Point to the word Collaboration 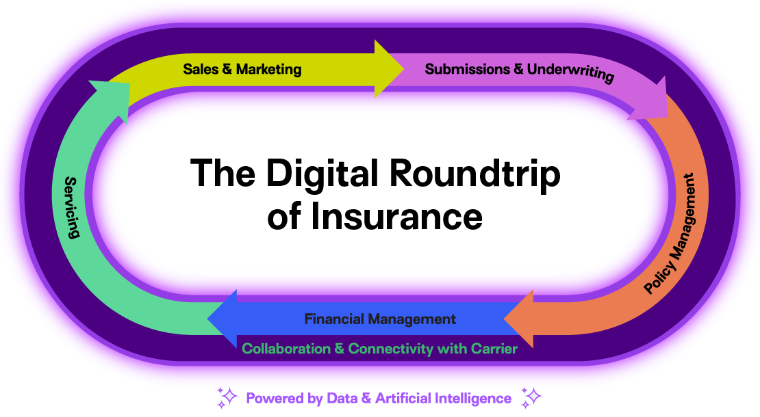click(286, 349)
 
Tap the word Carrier click(494, 349)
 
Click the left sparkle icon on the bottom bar click(228, 396)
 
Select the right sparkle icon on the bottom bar click(532, 396)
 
